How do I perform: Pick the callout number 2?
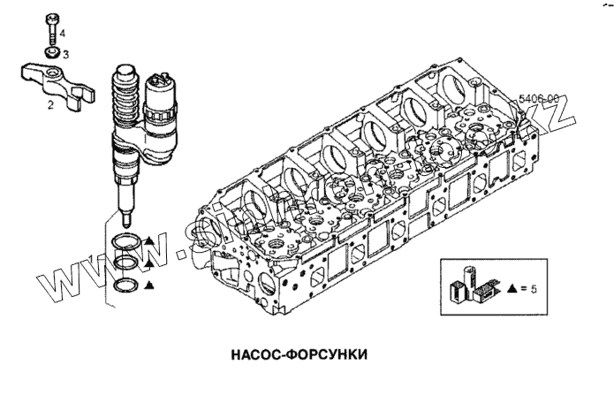click(51, 104)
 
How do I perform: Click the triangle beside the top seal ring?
click(150, 240)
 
